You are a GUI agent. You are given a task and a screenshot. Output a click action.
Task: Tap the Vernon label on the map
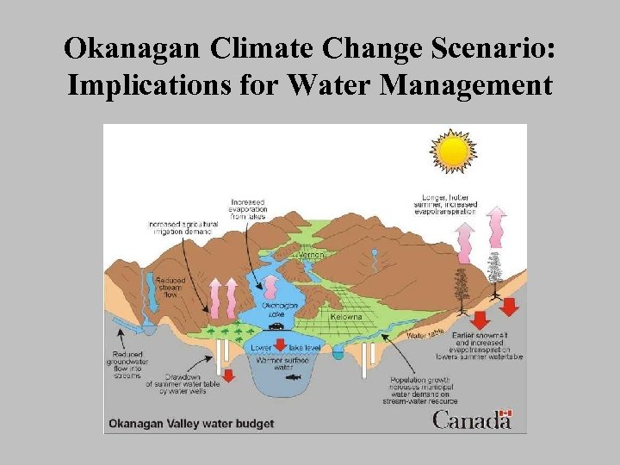(x=312, y=256)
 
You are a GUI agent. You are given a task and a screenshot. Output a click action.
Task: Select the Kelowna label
(x=346, y=317)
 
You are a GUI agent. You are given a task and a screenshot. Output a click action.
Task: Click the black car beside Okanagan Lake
(x=276, y=325)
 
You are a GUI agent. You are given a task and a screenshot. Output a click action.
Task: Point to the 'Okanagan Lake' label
(x=281, y=308)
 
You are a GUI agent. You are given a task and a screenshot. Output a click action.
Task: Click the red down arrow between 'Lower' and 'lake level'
(x=280, y=346)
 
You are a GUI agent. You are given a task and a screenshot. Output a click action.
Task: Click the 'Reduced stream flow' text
(x=169, y=286)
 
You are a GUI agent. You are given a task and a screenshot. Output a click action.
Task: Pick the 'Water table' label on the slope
(x=425, y=332)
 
